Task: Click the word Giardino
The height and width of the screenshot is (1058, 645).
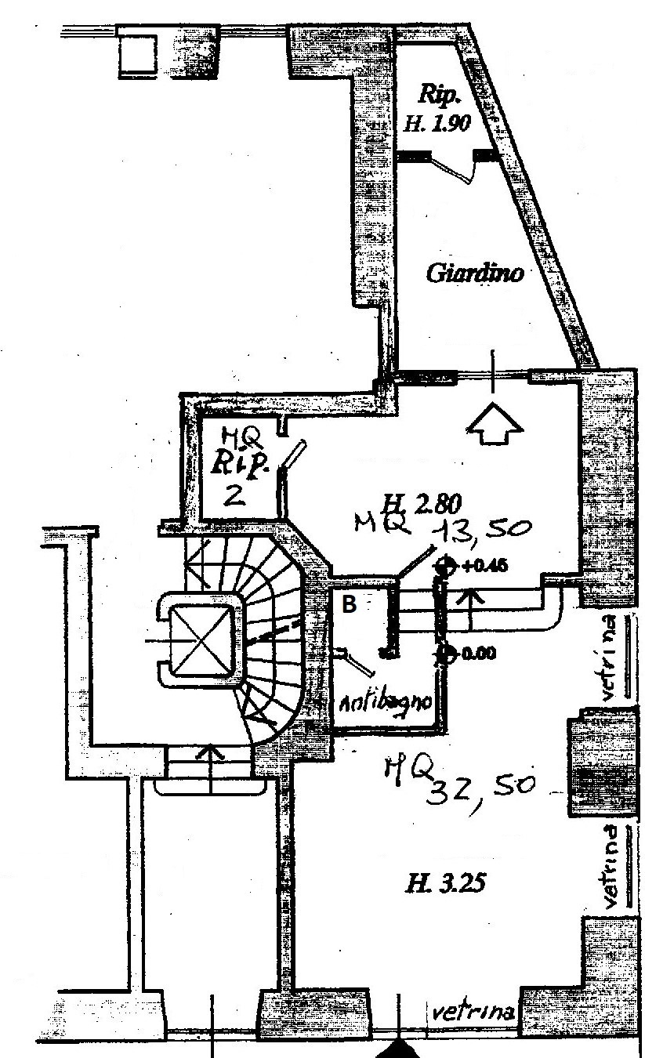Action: (474, 274)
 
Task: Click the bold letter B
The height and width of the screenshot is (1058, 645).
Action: (350, 604)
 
